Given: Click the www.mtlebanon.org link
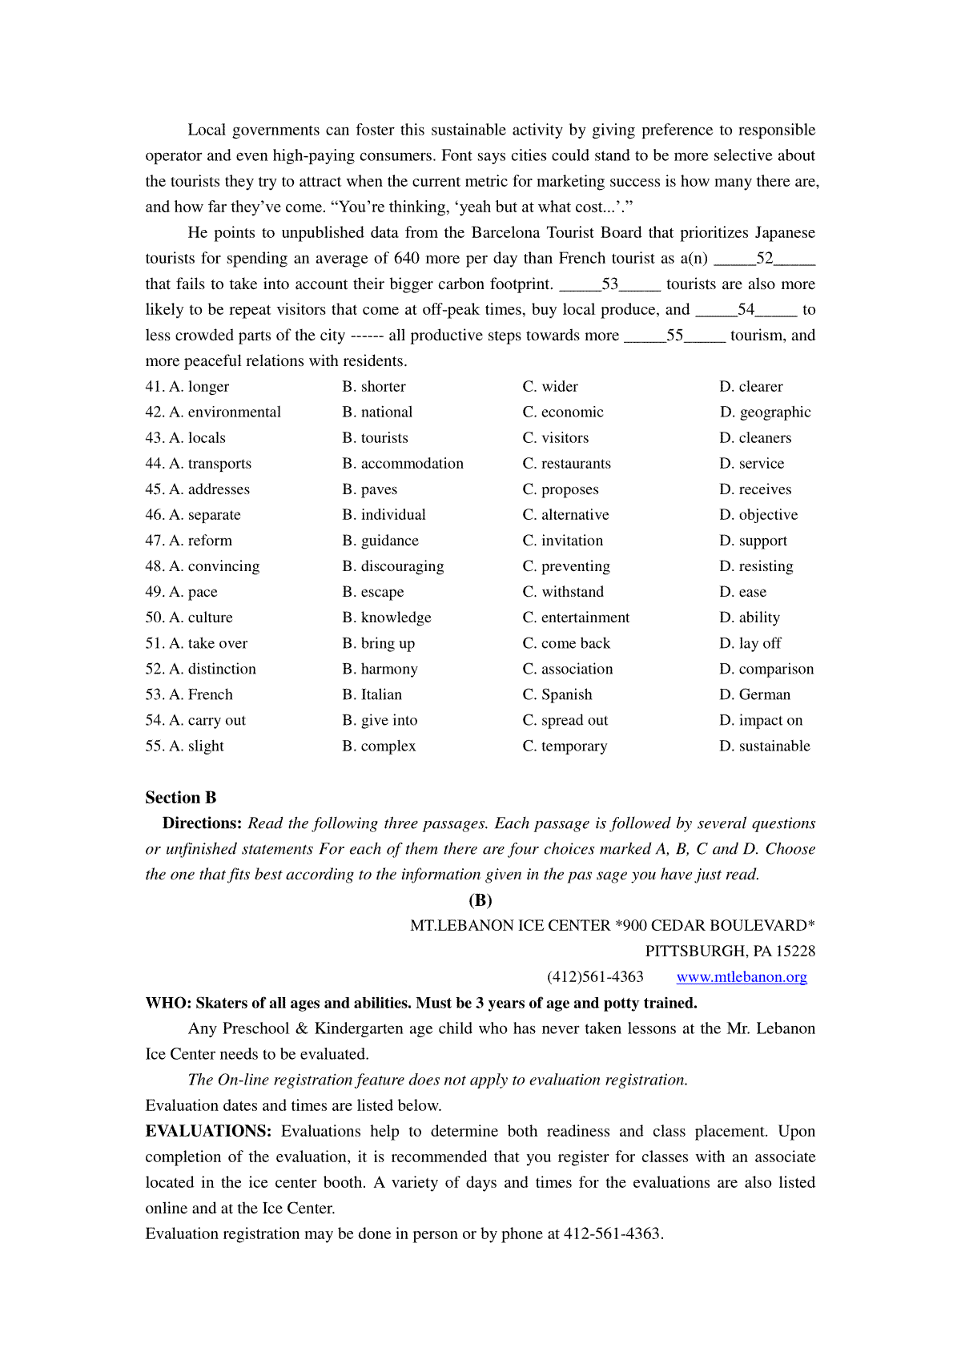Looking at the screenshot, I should (742, 977).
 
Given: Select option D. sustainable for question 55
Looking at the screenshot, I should (765, 746).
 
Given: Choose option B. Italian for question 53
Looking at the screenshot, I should (372, 695).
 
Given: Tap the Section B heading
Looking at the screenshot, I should (181, 798).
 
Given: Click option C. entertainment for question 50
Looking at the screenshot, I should (576, 618).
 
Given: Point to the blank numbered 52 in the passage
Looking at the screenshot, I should (764, 259).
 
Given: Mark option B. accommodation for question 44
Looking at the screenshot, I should (403, 464).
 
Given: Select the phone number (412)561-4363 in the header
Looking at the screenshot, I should (595, 977).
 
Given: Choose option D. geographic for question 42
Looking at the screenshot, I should (765, 412).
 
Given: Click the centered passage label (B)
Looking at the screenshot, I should (480, 900).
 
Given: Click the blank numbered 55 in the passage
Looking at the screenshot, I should (674, 336).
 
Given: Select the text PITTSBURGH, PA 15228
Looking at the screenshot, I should (730, 952).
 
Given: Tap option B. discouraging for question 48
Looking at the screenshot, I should (393, 566).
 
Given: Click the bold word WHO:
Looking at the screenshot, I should (168, 1003).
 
